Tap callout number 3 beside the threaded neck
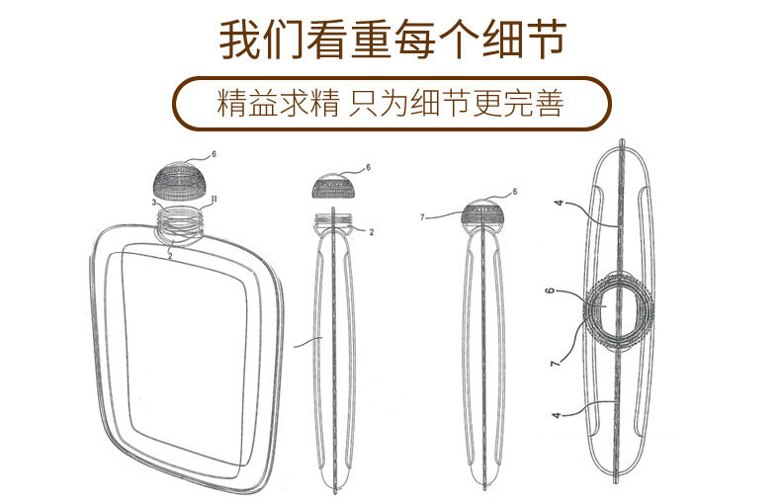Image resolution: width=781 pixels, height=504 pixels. pos(155,203)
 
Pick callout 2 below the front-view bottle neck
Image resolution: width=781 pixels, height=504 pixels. pos(170,256)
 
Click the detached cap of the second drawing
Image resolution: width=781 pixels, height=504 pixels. pos(338,186)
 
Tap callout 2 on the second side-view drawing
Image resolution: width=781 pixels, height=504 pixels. pos(371,232)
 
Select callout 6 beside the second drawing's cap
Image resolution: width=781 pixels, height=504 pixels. pos(368,168)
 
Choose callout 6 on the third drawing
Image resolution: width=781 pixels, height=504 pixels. pos(514,192)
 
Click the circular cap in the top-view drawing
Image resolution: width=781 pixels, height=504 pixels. pos(616,310)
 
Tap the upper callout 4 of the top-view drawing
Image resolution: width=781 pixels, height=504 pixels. pos(558,205)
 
